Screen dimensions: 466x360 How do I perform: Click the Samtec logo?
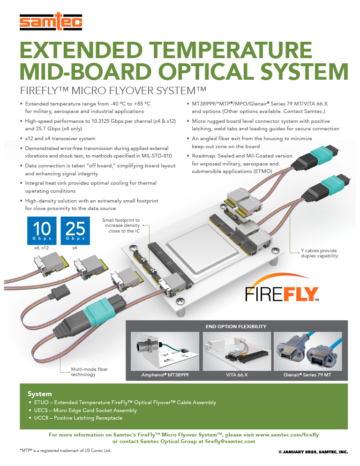click(51, 21)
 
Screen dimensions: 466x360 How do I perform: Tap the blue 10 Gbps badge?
click(41, 230)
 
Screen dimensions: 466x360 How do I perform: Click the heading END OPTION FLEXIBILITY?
click(236, 326)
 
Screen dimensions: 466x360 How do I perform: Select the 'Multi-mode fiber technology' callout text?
click(89, 372)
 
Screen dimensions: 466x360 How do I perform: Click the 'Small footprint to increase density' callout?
click(121, 225)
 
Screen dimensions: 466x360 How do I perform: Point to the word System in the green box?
click(40, 394)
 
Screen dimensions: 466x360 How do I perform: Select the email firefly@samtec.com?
click(230, 441)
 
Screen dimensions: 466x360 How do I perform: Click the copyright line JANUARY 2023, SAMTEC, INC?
click(313, 452)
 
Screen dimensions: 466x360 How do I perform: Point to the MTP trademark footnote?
click(65, 450)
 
